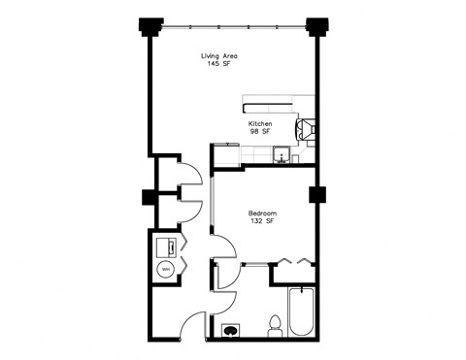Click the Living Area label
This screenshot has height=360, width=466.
click(219, 55)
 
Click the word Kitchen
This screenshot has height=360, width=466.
click(259, 125)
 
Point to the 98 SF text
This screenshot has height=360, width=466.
click(259, 134)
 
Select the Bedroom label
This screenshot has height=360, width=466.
click(262, 213)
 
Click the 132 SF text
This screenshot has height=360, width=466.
click(262, 222)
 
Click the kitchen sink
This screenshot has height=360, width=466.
click(283, 155)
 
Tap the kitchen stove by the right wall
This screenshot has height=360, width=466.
click(305, 127)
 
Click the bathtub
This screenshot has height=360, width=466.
click(302, 312)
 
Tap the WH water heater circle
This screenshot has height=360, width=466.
click(165, 269)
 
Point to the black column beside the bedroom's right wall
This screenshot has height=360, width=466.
click(316, 195)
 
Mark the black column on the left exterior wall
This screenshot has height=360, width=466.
click(149, 198)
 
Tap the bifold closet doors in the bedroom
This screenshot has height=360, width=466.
click(293, 260)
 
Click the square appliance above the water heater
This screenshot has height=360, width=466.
click(164, 245)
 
